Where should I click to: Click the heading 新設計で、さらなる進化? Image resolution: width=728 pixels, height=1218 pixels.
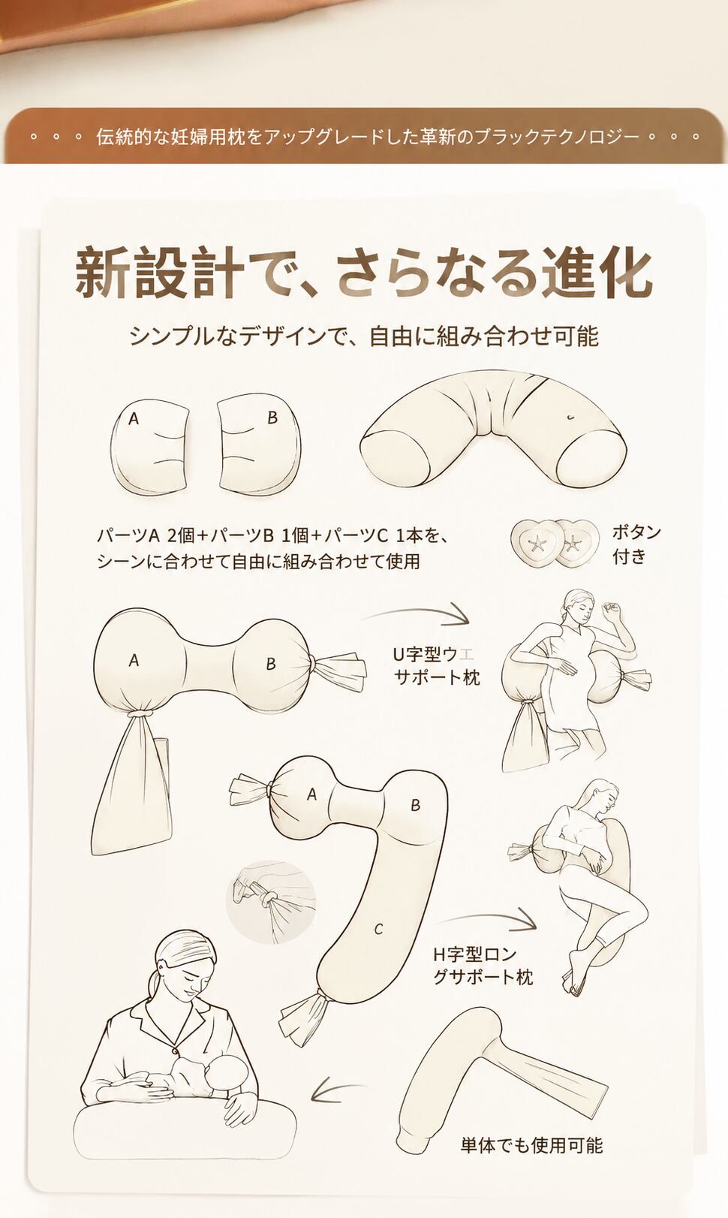pos(363,273)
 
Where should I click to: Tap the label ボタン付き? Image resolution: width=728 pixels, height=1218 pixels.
pos(636,543)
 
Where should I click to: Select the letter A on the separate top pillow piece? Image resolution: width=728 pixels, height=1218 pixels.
pos(134,419)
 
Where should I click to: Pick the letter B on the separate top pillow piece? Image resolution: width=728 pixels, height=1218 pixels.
pos(272,418)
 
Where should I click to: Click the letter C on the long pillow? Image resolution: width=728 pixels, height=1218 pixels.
pos(379,929)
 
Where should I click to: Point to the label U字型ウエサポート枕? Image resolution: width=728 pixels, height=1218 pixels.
pos(436,665)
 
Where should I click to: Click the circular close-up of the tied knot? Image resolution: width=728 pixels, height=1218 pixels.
pos(270,903)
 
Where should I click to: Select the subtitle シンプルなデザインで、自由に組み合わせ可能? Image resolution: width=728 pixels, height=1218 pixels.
pos(363,336)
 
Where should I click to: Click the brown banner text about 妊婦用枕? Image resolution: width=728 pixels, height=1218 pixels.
pos(367,137)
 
